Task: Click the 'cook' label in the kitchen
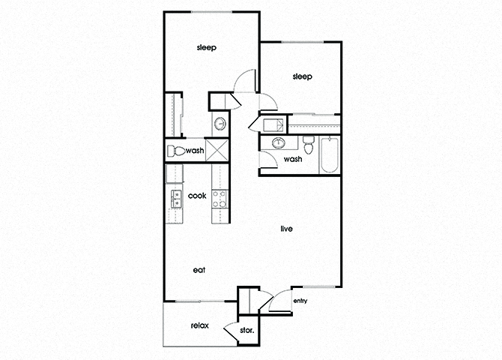197,196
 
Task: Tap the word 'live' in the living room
286,229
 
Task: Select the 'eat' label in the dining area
199,270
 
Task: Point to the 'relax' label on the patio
200,325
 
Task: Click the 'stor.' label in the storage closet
247,330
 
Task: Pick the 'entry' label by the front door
300,301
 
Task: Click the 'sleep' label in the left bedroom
207,47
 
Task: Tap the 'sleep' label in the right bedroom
302,76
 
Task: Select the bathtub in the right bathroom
330,155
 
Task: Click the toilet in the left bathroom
176,151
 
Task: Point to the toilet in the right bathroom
309,145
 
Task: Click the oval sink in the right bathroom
279,142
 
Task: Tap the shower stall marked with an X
217,150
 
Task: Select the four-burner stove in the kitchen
220,199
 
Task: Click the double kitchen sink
176,199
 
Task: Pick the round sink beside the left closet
220,124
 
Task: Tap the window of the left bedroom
211,13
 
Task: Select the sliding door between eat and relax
199,301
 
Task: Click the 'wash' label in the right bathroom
293,159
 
